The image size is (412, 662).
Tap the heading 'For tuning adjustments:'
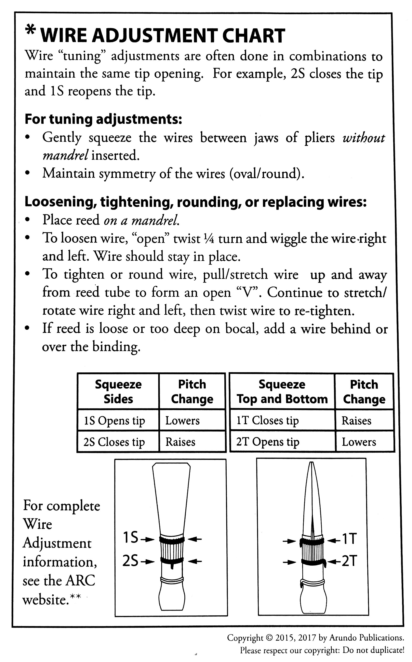pos(103,119)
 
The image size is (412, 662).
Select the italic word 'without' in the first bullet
pos(363,138)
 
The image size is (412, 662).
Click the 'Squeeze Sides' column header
pos(118,392)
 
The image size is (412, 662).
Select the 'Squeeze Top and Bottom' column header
pos(282,392)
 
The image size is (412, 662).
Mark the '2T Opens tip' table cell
pos(268,442)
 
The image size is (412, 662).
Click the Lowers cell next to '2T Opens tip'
pos(359,442)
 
